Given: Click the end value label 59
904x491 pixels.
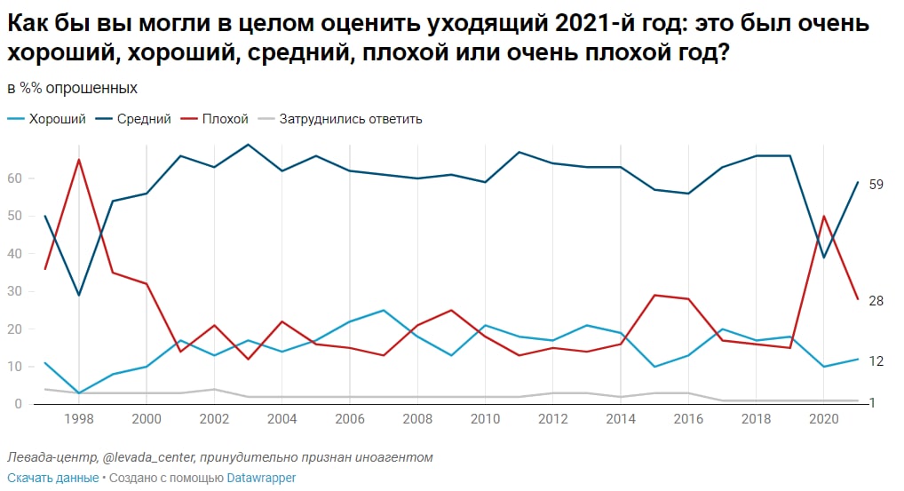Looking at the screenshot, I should pyautogui.click(x=876, y=184).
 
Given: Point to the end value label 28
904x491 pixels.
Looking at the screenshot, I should pyautogui.click(x=876, y=301).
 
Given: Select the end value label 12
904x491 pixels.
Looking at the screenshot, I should pyautogui.click(x=876, y=361).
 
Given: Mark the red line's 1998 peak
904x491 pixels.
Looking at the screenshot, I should pyautogui.click(x=78, y=160).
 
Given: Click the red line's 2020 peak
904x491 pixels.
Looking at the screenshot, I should pyautogui.click(x=823, y=216).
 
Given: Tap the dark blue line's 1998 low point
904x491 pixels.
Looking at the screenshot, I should pyautogui.click(x=78, y=295).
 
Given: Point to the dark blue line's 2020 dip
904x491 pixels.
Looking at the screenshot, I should pyautogui.click(x=823, y=257).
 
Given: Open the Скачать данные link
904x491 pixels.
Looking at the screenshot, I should pyautogui.click(x=52, y=478).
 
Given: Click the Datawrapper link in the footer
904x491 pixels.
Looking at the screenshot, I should pyautogui.click(x=260, y=478).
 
